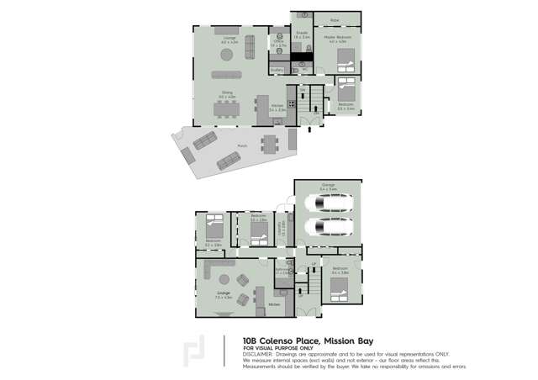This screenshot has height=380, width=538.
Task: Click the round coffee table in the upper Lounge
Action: pos(227,55)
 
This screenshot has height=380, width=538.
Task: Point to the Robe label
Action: pos(334,19)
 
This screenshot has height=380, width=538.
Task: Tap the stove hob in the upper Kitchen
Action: pos(291,104)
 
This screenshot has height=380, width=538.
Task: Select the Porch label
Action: pos(242,145)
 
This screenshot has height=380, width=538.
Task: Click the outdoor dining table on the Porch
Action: pos(268,144)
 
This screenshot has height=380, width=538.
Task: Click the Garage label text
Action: pos(328,186)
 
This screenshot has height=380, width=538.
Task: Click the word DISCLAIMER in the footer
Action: pos(259,353)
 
